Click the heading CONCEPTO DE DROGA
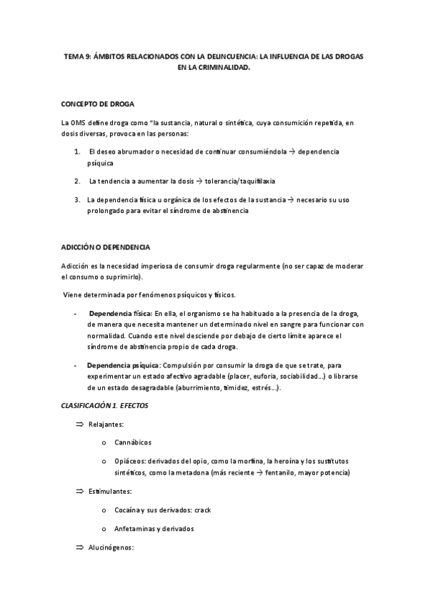(98, 104)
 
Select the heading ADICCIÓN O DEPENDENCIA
(106, 247)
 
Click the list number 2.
(76, 181)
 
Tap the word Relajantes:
(106, 424)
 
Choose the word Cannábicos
(133, 442)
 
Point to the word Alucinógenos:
(111, 547)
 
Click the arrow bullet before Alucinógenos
(80, 547)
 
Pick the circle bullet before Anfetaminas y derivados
(104, 529)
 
